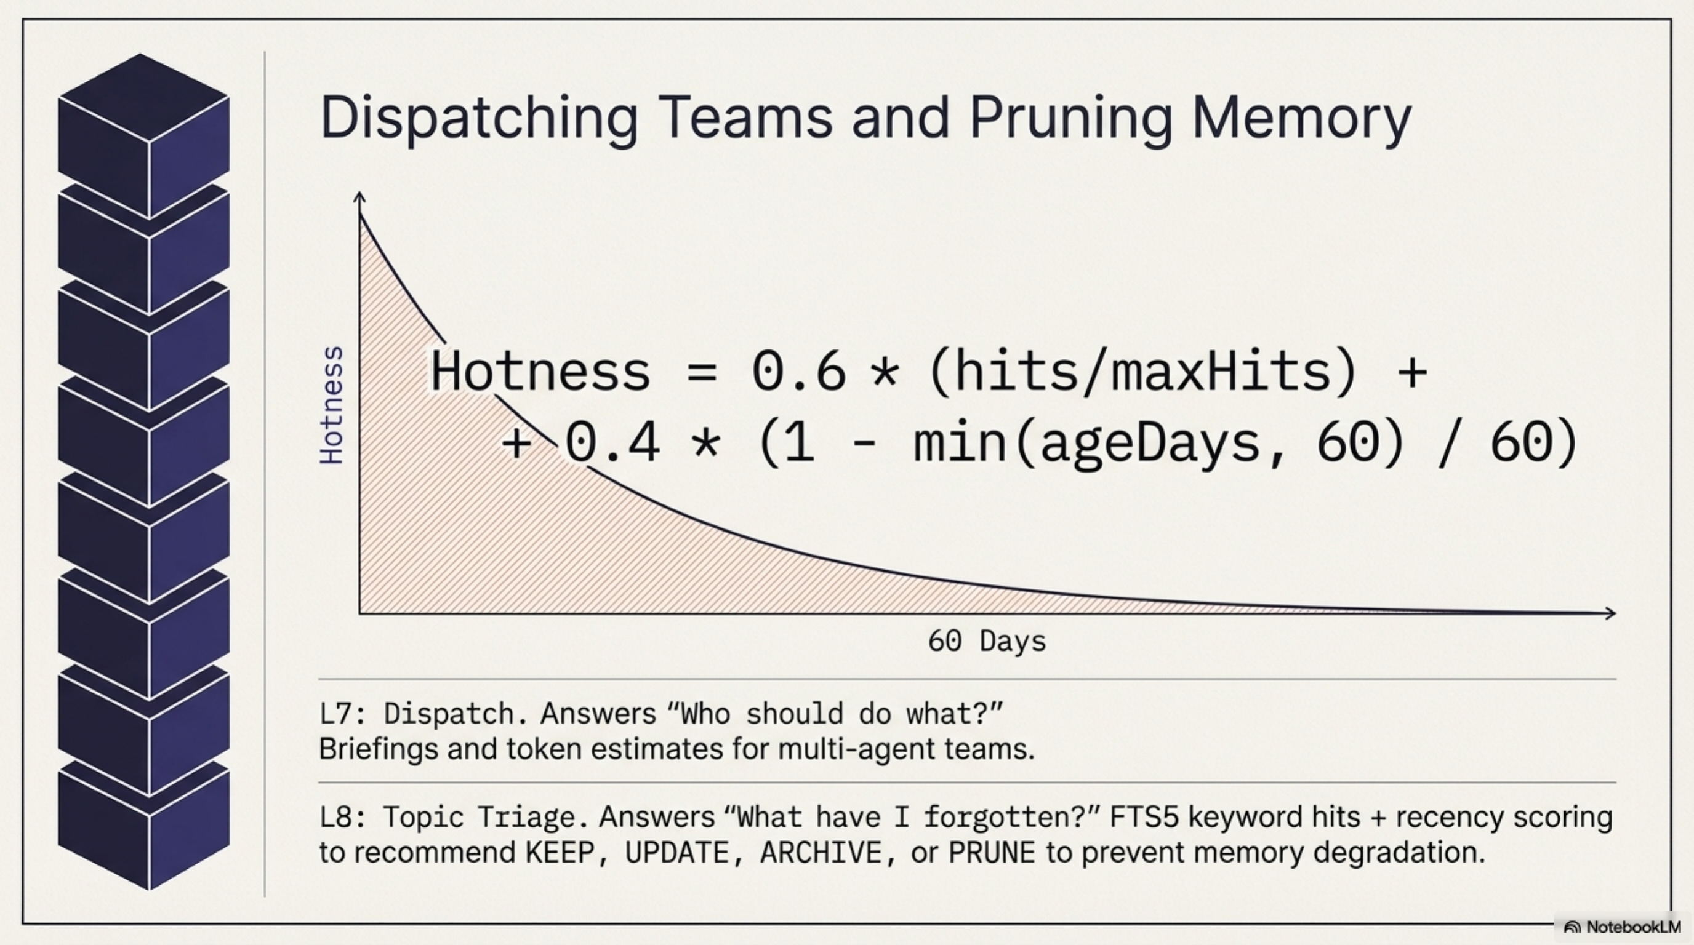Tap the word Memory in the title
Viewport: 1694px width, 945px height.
point(1301,118)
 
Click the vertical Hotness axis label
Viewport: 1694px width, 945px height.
point(331,405)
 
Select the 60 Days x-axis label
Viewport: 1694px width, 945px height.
point(986,640)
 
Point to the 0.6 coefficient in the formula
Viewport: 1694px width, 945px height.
point(798,372)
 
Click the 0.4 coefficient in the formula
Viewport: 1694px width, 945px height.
point(612,442)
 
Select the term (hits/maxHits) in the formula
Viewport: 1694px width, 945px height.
point(1142,372)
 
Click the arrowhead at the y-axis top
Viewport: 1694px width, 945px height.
point(359,196)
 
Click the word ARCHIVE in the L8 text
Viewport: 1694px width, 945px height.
point(821,852)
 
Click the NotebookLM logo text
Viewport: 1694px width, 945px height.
point(1633,927)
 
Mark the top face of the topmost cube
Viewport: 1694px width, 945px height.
point(143,96)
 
